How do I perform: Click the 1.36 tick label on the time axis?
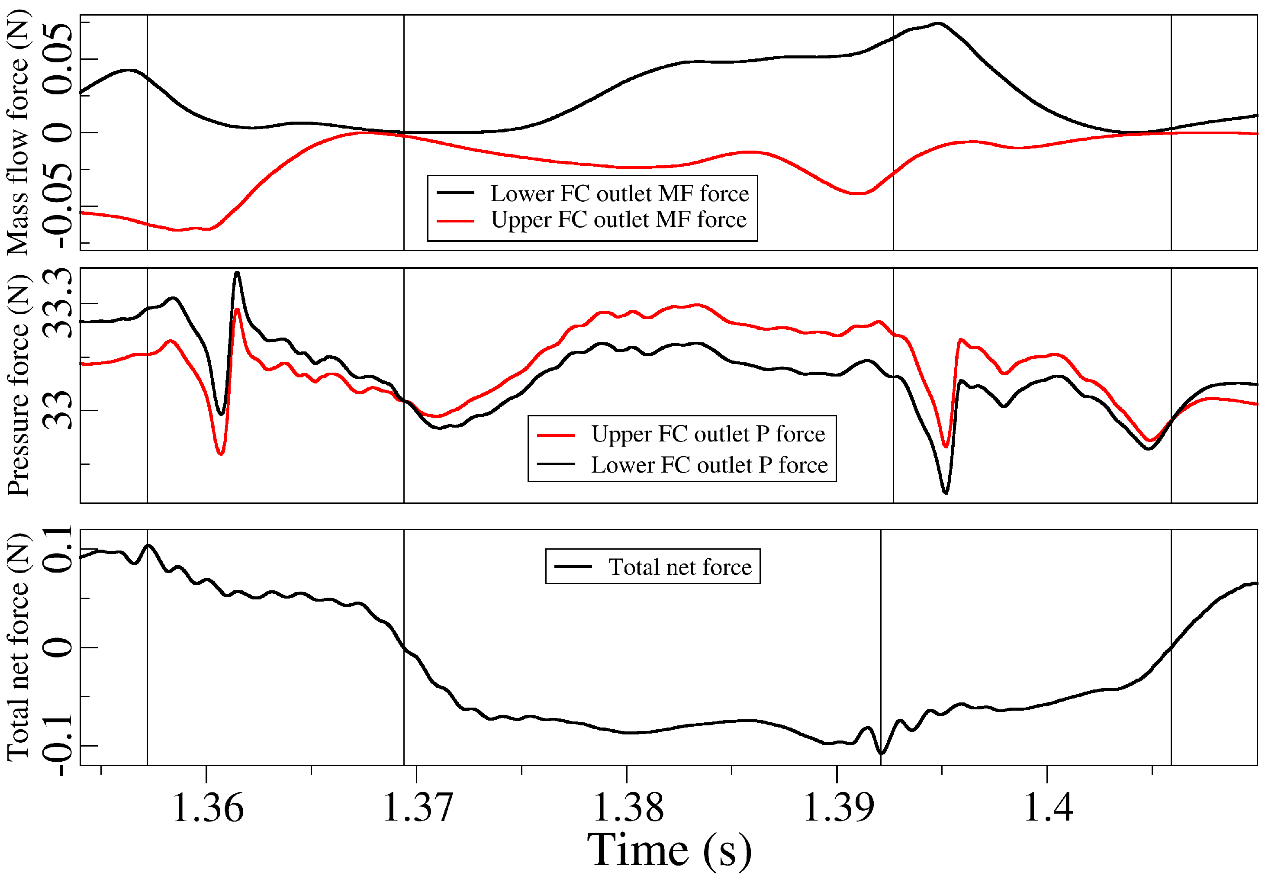(208, 808)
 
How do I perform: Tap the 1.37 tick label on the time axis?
(418, 808)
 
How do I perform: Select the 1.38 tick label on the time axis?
(628, 808)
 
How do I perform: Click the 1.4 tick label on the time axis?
(1048, 808)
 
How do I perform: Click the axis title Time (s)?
(670, 851)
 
